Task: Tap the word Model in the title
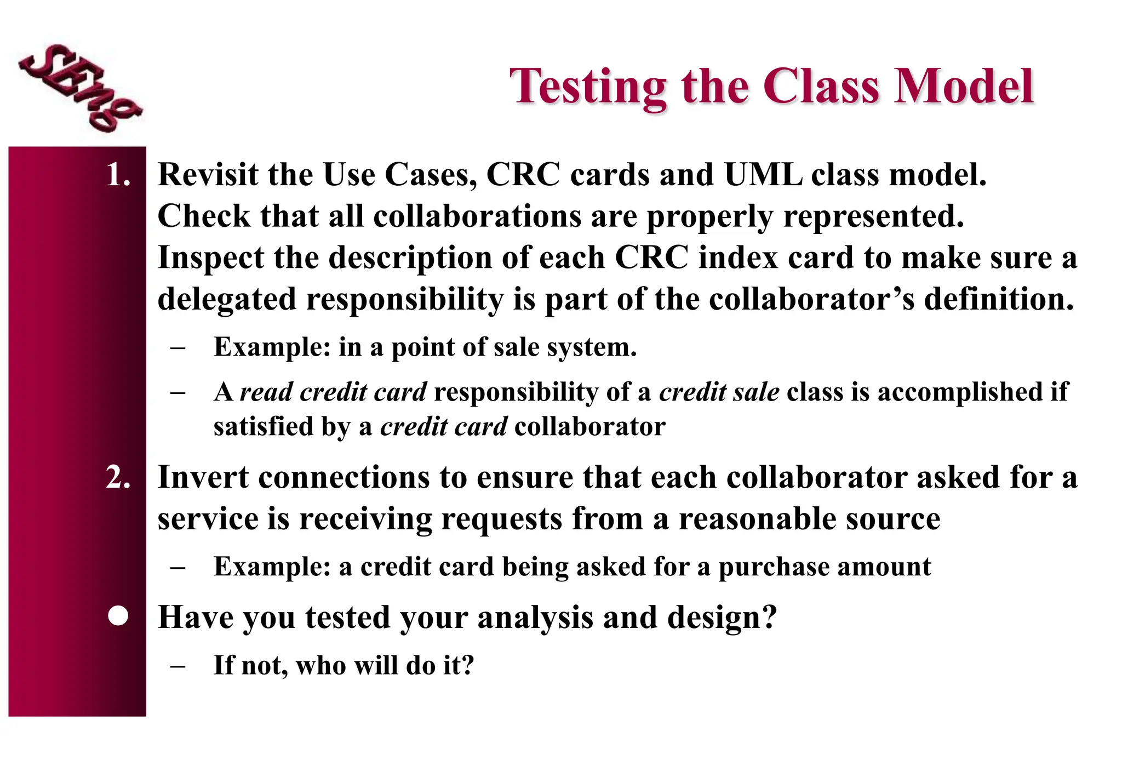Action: (x=964, y=87)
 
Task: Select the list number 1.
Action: (x=118, y=175)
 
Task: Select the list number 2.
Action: (x=118, y=478)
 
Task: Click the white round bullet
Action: (x=118, y=616)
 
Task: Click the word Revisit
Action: (x=208, y=175)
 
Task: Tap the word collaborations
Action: (x=477, y=216)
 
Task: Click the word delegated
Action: (x=227, y=300)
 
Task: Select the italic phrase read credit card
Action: (x=333, y=392)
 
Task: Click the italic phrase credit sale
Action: (x=719, y=392)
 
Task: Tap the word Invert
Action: (x=203, y=478)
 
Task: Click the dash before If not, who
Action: (x=178, y=666)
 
